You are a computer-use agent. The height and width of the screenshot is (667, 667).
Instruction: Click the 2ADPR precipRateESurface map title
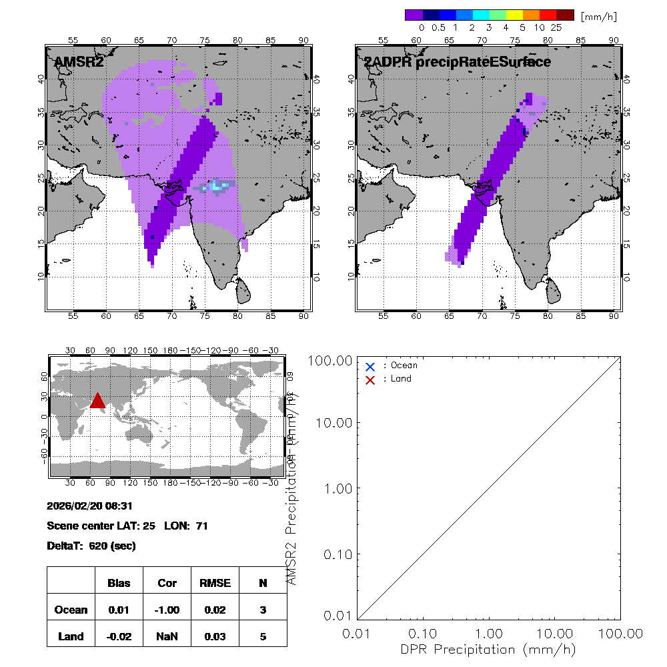pos(457,62)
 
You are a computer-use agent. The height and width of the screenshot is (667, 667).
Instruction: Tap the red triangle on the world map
pos(97,400)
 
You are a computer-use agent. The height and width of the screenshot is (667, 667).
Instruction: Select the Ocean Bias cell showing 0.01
pos(119,610)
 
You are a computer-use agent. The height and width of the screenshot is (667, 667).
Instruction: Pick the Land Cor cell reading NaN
pos(167,636)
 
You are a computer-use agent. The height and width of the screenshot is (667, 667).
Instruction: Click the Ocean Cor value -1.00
pos(167,610)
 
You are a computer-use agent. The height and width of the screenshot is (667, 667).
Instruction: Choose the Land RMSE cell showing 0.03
pos(214,636)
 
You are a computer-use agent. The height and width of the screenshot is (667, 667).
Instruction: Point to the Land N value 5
pos(263,636)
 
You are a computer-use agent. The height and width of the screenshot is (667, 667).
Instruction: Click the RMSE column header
pos(214,583)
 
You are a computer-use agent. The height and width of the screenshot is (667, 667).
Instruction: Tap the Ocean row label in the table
pos(71,610)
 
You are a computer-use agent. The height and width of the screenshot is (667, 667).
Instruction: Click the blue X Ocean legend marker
pos(370,366)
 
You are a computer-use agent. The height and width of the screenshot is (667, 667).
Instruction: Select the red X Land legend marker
pos(370,380)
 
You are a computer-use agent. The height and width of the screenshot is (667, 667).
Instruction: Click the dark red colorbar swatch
pos(565,15)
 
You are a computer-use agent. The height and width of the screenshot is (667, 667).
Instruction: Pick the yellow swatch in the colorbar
pos(514,15)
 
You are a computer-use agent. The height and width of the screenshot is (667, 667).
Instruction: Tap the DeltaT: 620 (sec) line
pos(91,546)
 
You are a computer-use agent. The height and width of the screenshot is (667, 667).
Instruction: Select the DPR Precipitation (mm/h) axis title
pos(488,649)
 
